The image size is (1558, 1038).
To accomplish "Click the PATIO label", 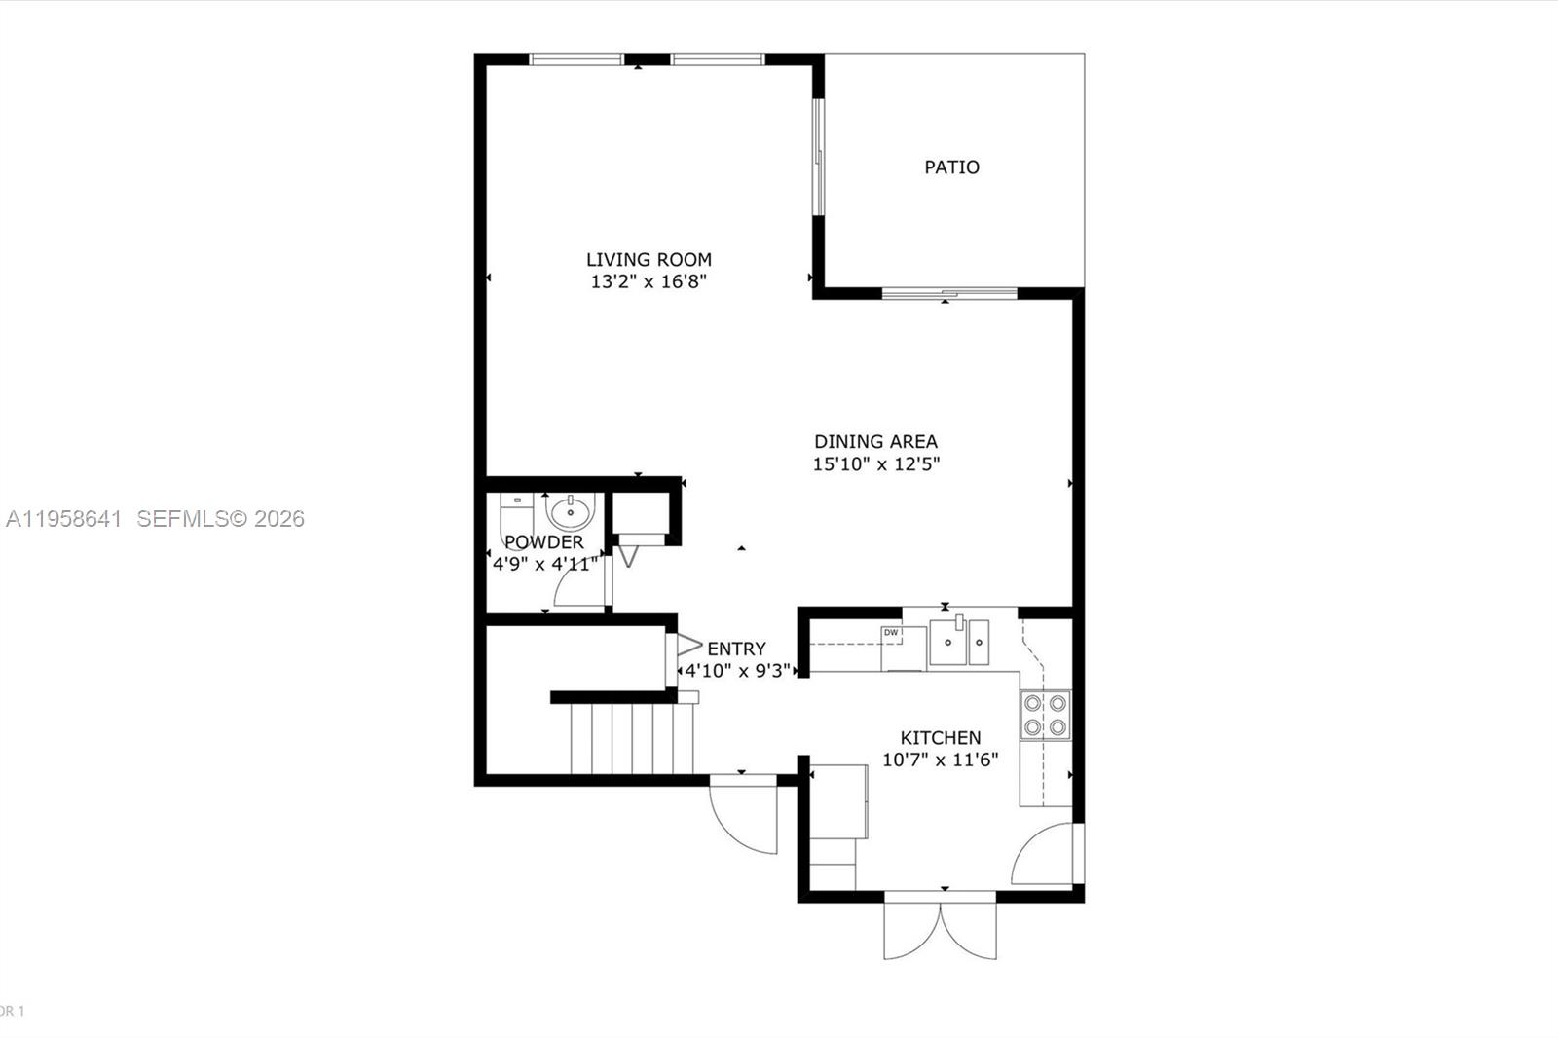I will point(951,167).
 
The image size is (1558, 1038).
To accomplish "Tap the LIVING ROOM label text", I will point(649,259).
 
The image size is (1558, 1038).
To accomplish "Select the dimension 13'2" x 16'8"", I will point(649,282).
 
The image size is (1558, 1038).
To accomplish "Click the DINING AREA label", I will point(875,441).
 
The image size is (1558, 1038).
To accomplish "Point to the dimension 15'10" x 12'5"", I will point(875,464).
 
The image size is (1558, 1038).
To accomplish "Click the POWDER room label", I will point(543,542).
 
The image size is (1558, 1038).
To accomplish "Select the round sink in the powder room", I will point(570,511).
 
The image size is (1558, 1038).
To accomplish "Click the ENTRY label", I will point(736,649).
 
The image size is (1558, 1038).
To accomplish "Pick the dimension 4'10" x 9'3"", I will point(737,671).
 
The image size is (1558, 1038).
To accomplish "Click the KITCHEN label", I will point(940,738).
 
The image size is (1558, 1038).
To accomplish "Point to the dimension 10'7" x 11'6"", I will point(940,760).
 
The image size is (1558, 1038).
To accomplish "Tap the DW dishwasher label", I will point(890,633).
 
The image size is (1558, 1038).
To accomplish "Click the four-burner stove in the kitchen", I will point(1045,715).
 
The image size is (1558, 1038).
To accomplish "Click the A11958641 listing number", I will point(63,519).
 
